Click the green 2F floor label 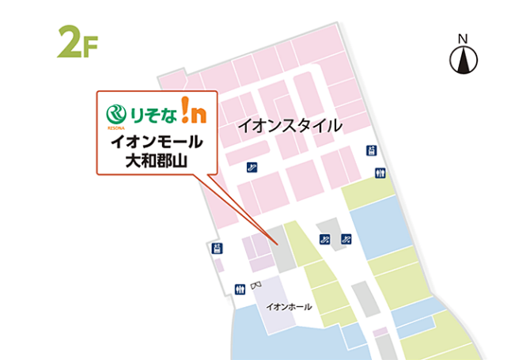point(78,42)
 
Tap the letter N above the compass point(464,39)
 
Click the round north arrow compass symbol point(464,60)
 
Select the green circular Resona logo point(117,111)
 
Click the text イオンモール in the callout point(157,143)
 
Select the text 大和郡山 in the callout point(157,161)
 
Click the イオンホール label point(290,307)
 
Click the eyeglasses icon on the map point(255,286)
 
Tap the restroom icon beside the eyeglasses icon point(239,290)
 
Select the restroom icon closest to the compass point(382,173)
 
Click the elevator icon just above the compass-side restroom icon point(370,150)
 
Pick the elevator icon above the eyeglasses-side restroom point(218,248)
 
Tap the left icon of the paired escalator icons point(324,239)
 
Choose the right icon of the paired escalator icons point(346,239)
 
